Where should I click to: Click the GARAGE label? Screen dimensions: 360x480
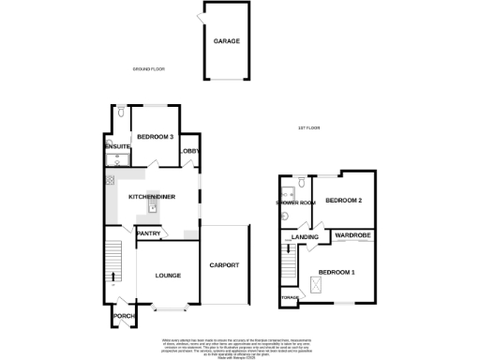coord(226,42)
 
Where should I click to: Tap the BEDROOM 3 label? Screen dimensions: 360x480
coord(155,138)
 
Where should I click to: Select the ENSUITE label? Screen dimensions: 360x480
coord(116,145)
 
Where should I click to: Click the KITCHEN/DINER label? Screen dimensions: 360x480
coord(150,196)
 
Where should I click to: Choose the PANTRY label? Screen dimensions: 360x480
coord(148,233)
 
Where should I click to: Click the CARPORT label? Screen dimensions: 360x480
coord(226,265)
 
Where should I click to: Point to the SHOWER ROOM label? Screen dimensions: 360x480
coord(294,202)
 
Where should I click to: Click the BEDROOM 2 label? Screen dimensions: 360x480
coord(343,201)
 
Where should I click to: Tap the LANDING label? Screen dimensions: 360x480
coord(306,237)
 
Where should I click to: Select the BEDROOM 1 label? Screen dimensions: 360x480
coord(337,273)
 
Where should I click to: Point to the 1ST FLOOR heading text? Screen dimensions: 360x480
coord(309,127)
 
